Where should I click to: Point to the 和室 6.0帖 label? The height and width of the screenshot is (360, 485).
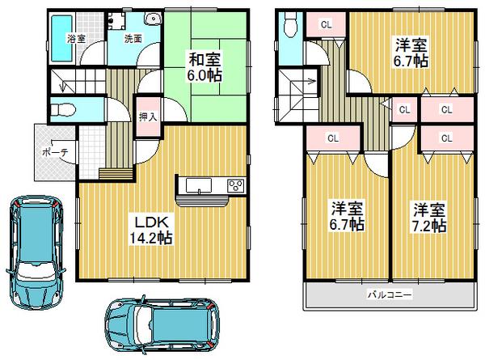point(205,66)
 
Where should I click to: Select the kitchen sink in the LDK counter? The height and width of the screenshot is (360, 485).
point(199,186)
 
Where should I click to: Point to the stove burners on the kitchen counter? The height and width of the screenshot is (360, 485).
point(237,185)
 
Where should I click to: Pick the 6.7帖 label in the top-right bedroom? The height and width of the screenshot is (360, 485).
point(411,53)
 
